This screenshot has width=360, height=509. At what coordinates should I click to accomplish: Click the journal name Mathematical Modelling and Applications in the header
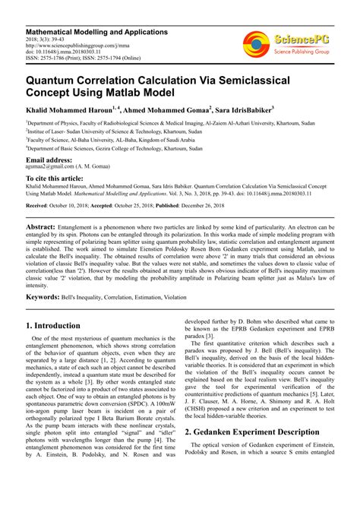96,32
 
